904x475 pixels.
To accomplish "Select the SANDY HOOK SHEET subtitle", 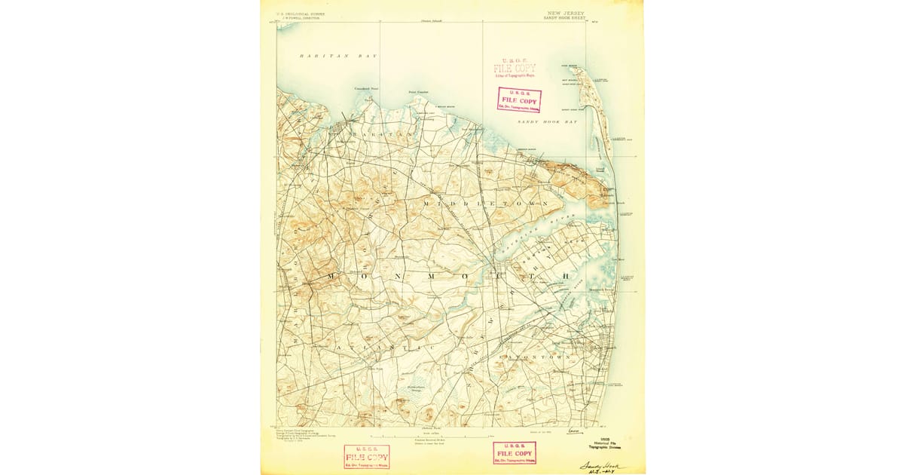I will tap(564, 18).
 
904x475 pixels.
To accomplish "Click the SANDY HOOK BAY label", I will tap(547, 121).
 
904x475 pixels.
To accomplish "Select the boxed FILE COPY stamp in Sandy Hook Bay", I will tap(518, 100).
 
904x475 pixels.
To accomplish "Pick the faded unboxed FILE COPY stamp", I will tap(515, 69).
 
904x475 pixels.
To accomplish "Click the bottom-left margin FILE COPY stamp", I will tap(366, 456).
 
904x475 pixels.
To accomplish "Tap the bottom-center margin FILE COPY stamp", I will tap(515, 452).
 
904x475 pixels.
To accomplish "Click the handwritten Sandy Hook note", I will tap(602, 467).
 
